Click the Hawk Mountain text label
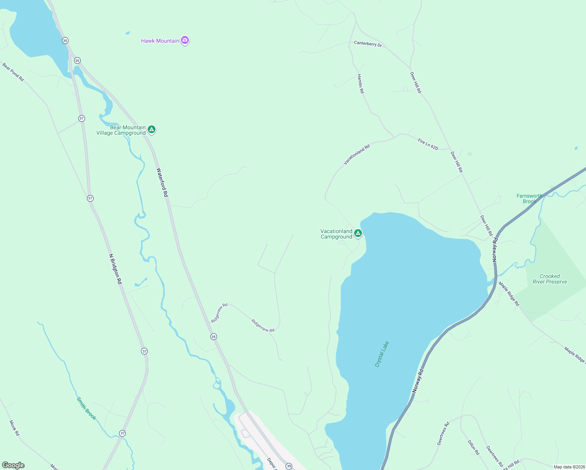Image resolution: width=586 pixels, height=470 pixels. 160,41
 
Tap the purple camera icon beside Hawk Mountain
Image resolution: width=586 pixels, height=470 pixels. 185,40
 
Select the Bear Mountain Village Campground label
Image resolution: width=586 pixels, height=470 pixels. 121,130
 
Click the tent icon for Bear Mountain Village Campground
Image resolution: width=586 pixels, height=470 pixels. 152,129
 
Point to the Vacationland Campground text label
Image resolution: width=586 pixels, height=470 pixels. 336,234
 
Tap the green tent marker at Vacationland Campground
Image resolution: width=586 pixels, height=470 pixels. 358,233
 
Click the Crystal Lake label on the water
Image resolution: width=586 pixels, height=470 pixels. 382,354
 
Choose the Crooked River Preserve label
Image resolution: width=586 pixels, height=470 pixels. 550,279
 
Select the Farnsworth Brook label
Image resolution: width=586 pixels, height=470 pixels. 529,199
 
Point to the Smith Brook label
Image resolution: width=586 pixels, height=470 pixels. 86,409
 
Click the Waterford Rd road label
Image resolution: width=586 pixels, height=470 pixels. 162,182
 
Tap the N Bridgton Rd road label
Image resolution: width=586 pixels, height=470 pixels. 116,269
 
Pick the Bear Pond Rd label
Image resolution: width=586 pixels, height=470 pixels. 13,72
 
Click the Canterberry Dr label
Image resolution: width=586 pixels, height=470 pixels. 368,43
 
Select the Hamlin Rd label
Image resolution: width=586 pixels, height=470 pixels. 360,83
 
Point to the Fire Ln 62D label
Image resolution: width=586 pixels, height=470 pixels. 428,144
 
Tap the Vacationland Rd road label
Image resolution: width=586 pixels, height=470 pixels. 356,155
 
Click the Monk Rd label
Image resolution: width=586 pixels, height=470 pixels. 14,428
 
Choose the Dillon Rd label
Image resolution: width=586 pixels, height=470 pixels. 473,447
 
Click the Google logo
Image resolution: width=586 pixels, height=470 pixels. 13,465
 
